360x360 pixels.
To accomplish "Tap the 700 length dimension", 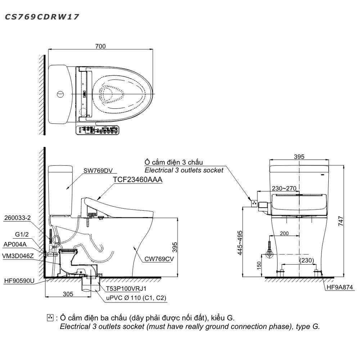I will coord(101,46).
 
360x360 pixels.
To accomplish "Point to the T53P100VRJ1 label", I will coord(125,288).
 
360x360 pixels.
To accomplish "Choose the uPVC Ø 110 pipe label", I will coord(136,298).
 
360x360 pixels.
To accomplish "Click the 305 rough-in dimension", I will coord(68,294).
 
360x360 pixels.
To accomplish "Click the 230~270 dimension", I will coord(284,188).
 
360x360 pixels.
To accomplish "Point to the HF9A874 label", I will coord(338,288).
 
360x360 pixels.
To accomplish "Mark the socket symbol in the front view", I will coord(255,204).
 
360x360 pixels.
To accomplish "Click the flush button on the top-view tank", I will coord(60,94).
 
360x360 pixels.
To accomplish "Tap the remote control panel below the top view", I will coord(97,130).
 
